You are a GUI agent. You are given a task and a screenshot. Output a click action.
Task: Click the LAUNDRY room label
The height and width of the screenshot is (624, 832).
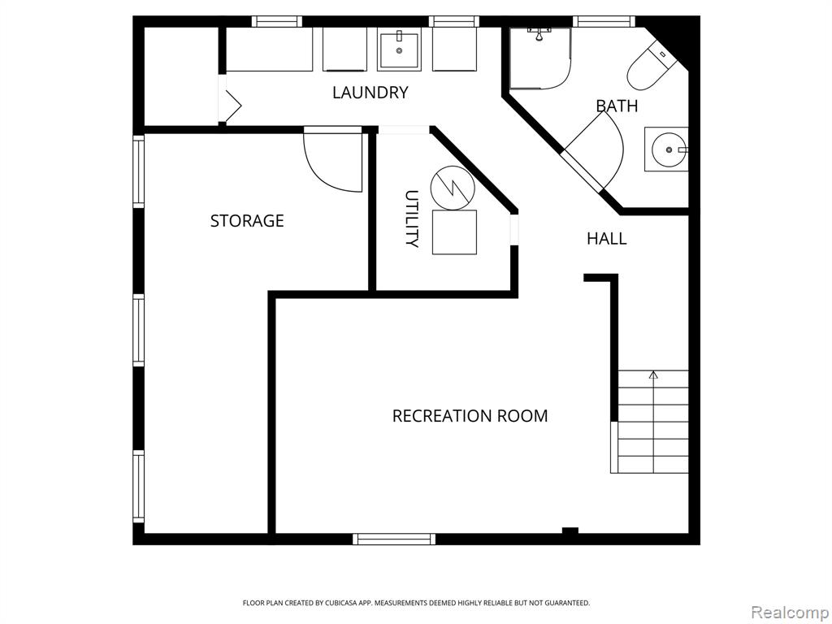click(x=370, y=93)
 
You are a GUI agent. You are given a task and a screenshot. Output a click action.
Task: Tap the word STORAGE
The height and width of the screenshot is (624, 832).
click(x=247, y=221)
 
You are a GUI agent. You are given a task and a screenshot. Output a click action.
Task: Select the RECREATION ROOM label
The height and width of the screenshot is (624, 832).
click(x=470, y=415)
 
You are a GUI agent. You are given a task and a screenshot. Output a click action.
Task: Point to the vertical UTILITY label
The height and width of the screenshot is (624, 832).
click(x=412, y=219)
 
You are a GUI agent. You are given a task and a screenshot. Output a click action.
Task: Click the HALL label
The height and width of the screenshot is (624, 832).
click(x=606, y=239)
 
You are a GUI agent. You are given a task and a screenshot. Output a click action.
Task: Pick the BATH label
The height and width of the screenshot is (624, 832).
click(x=617, y=106)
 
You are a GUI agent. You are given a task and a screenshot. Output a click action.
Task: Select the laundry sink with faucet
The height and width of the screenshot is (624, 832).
click(x=399, y=50)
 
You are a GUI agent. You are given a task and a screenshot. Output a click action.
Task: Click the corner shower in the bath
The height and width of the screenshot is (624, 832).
click(x=540, y=58)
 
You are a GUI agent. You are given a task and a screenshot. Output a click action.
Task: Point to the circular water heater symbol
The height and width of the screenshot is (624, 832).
click(x=453, y=188)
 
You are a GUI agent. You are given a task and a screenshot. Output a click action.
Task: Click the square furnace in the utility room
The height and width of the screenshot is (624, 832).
click(x=454, y=232)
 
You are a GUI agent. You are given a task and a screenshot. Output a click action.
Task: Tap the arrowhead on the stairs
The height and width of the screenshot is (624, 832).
click(x=654, y=375)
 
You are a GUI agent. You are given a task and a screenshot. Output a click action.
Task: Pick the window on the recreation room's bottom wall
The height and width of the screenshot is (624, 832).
click(x=394, y=539)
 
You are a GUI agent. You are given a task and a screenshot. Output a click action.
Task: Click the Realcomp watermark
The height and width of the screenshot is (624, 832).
click(x=790, y=613)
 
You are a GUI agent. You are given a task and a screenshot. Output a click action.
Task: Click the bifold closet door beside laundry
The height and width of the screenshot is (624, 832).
click(x=232, y=105)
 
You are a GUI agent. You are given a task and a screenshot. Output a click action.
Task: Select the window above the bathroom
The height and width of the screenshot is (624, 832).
click(x=604, y=21)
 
